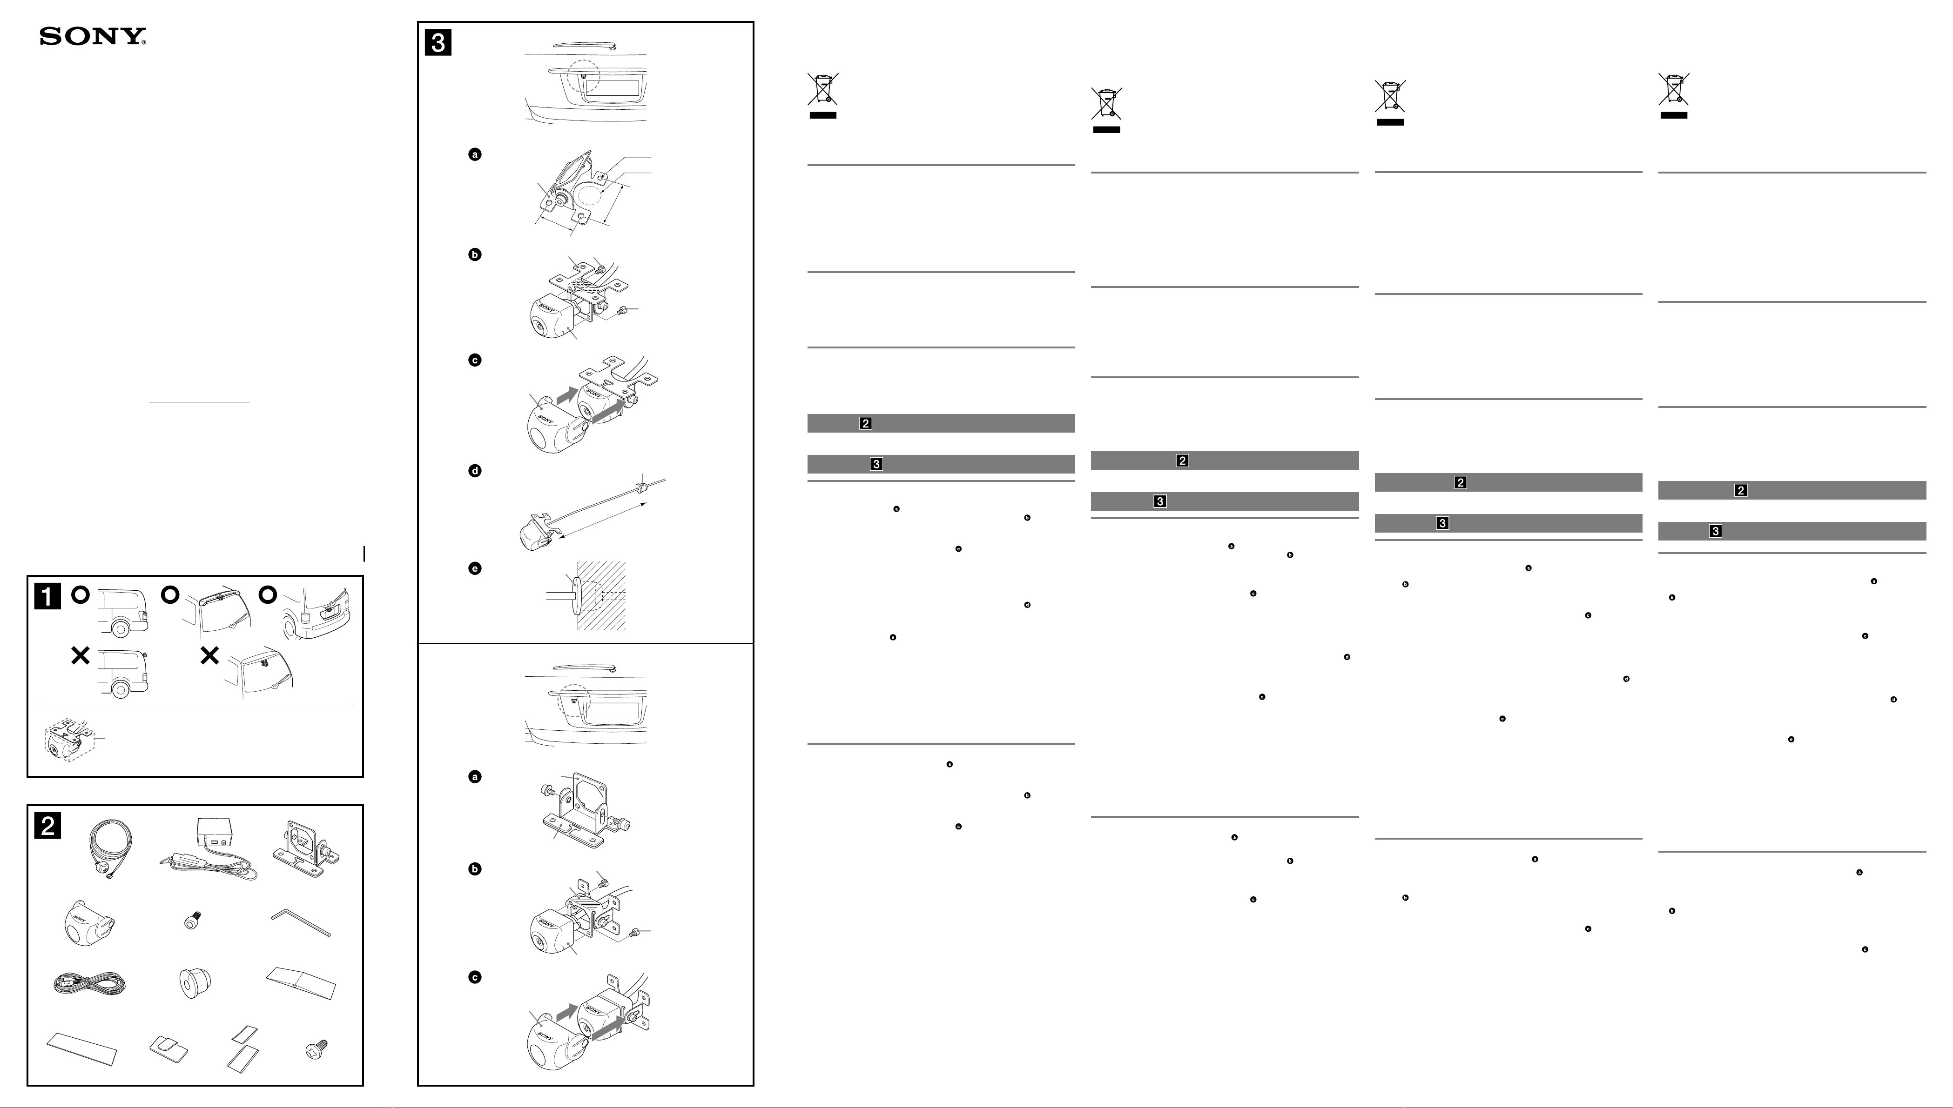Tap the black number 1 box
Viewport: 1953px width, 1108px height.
[47, 597]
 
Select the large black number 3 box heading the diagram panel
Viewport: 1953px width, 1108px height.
[438, 43]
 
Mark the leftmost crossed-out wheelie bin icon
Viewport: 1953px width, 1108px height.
[822, 94]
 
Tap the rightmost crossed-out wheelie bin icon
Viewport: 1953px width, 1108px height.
[1674, 94]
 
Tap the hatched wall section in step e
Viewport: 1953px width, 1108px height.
[601, 596]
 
